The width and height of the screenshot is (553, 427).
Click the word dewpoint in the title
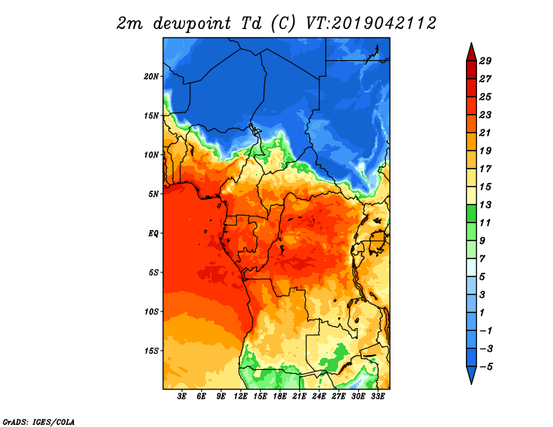(192, 23)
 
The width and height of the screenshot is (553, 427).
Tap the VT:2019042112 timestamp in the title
(371, 23)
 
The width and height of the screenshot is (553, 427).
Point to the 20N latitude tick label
(151, 77)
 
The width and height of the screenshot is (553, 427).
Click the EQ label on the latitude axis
(153, 234)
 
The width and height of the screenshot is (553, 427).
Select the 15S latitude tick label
(151, 351)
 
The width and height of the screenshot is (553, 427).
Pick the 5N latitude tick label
(153, 194)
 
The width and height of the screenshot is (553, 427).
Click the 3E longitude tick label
(182, 397)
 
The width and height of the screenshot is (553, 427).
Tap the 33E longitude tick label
(377, 397)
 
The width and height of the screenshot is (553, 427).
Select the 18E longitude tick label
(280, 397)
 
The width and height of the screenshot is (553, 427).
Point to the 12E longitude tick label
(241, 397)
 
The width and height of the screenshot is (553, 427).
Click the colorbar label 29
(485, 61)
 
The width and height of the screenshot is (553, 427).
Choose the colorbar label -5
(486, 367)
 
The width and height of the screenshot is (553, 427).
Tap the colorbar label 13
(485, 205)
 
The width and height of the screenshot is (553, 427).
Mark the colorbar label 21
(485, 133)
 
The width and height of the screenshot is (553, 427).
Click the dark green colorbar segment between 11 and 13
(471, 213)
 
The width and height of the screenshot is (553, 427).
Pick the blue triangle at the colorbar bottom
(471, 374)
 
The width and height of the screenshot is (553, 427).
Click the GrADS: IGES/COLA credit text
(39, 421)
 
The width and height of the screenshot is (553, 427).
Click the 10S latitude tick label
(151, 312)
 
